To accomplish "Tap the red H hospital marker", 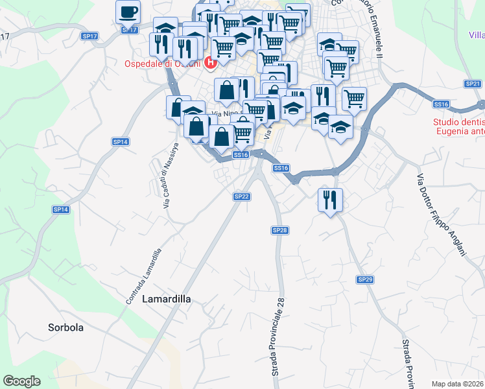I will click(210, 64).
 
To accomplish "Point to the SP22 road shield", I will click(241, 196).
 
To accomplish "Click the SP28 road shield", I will click(279, 230).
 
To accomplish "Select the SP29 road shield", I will click(365, 279).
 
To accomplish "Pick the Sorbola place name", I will click(65, 327).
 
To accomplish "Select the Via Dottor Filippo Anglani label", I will click(441, 214).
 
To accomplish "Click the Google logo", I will click(21, 381).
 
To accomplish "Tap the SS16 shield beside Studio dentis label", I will click(442, 104).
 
